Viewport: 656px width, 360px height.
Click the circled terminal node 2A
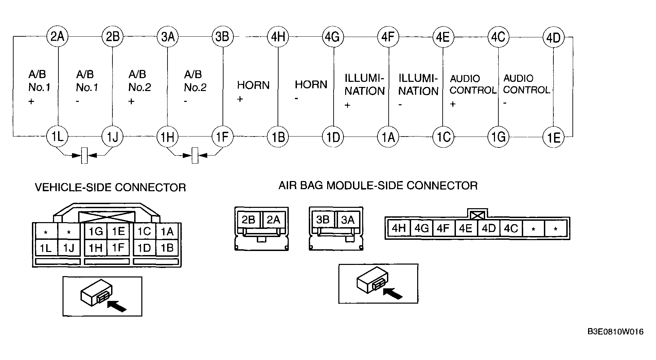[x=57, y=36]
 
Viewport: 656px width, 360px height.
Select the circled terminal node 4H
[x=278, y=36]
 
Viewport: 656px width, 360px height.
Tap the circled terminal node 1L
[x=57, y=137]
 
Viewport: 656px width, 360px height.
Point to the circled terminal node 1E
[x=554, y=137]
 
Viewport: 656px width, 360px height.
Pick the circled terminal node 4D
[x=554, y=37]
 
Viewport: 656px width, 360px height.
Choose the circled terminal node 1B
[x=278, y=137]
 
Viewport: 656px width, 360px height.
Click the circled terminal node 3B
[x=223, y=36]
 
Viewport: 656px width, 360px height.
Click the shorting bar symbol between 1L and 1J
[x=85, y=156]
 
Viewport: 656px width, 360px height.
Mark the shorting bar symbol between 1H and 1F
[x=195, y=156]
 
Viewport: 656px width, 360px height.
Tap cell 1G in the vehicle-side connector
[x=96, y=232]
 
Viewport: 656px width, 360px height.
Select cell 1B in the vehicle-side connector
[x=167, y=248]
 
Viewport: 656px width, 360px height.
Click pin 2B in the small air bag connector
[x=249, y=220]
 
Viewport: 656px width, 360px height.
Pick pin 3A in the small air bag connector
[x=348, y=220]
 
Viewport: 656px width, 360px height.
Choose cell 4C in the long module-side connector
[x=511, y=228]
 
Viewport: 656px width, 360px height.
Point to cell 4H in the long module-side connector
[x=399, y=228]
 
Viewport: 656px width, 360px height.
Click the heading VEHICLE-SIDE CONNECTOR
[x=110, y=187]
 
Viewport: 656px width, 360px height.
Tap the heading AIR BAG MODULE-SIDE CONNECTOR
[x=378, y=185]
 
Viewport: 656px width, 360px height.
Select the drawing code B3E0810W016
[x=616, y=331]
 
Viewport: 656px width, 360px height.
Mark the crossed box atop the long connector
[x=478, y=215]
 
